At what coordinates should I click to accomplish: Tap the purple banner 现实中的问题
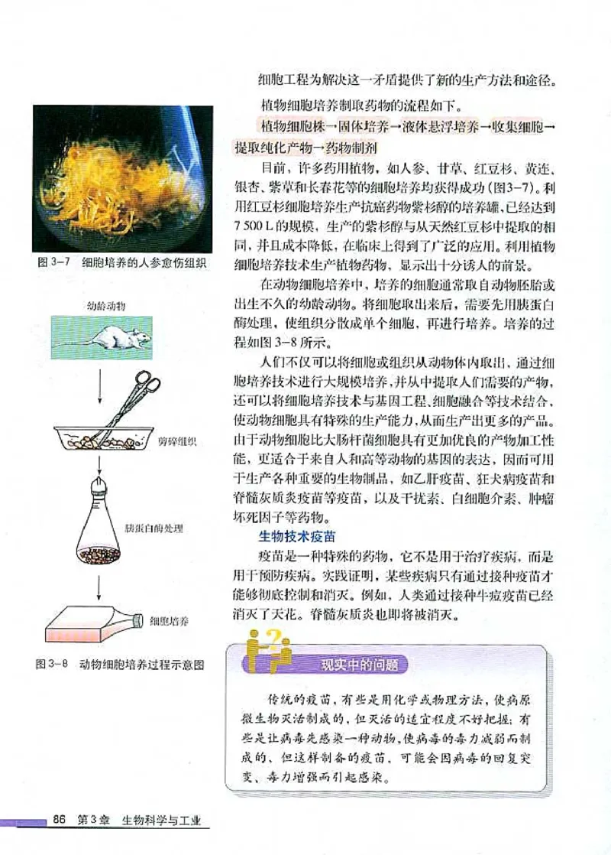point(359,665)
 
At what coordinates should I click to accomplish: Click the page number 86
point(60,821)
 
